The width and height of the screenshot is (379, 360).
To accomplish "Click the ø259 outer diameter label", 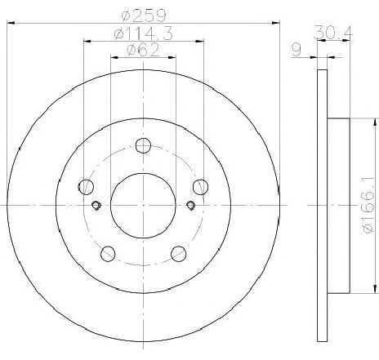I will coord(143,13).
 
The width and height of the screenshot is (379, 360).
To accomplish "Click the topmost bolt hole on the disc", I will coord(143,146).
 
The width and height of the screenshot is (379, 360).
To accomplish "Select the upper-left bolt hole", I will coord(86,187).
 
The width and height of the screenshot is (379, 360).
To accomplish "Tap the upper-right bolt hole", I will coord(200,187).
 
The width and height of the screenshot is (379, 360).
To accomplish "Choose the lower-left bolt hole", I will coord(108,253).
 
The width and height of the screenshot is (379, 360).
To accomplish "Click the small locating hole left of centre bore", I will coord(96,205).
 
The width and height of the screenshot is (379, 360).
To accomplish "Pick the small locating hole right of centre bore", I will coord(190,205).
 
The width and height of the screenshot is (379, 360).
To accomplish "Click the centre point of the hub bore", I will coord(143,205).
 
